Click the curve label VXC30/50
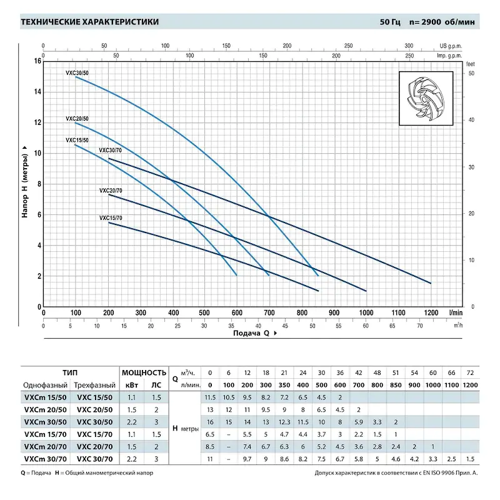click(77, 73)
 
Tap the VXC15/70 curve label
click(111, 217)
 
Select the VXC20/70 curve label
click(111, 189)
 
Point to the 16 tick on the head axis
click(37, 61)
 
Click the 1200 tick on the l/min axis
click(431, 312)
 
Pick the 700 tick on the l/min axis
click(269, 312)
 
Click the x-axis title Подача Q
click(254, 334)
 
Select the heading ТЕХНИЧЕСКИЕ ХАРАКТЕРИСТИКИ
click(89, 22)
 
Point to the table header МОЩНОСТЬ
click(144, 372)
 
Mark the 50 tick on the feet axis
click(471, 74)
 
